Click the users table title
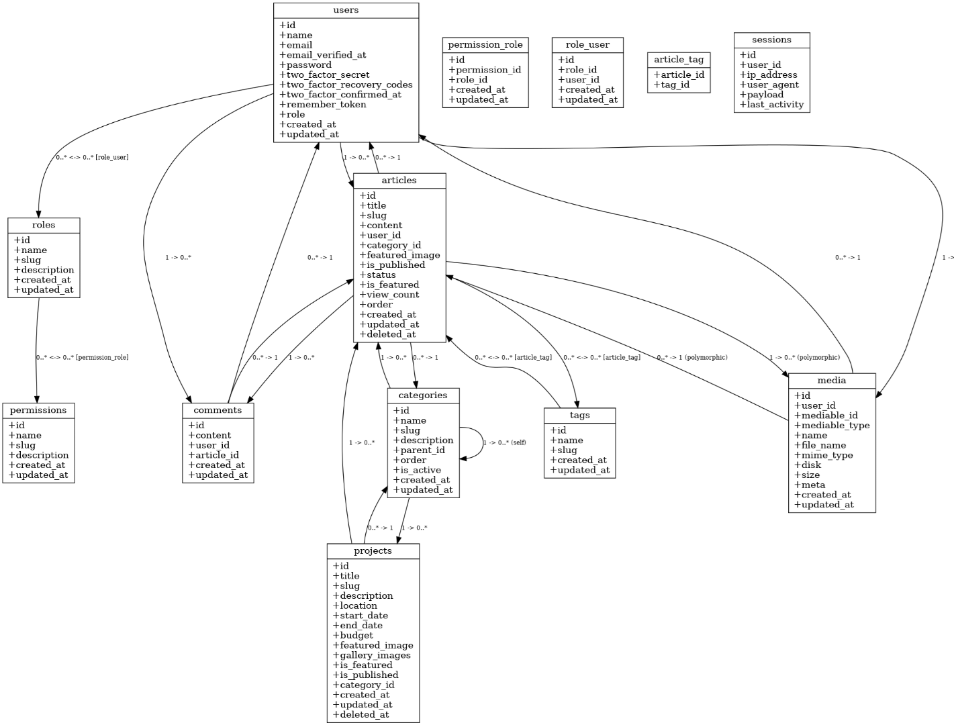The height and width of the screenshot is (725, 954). click(x=346, y=10)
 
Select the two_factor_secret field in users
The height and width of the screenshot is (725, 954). click(x=324, y=75)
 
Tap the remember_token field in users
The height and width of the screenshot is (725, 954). click(x=323, y=104)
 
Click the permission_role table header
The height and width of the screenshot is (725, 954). click(x=485, y=45)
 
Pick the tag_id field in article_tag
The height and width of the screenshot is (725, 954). click(x=671, y=85)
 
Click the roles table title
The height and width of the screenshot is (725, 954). click(x=44, y=225)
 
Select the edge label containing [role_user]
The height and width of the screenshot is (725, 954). click(x=92, y=157)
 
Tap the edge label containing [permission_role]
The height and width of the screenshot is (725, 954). click(x=82, y=357)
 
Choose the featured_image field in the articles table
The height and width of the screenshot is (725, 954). click(x=399, y=254)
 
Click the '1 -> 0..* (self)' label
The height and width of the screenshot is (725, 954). click(x=504, y=443)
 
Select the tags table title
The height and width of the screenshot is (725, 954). click(x=579, y=415)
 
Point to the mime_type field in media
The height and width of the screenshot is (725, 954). click(x=823, y=454)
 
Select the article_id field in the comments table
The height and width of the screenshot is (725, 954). click(x=213, y=454)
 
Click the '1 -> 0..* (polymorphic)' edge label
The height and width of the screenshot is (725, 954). click(x=804, y=358)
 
